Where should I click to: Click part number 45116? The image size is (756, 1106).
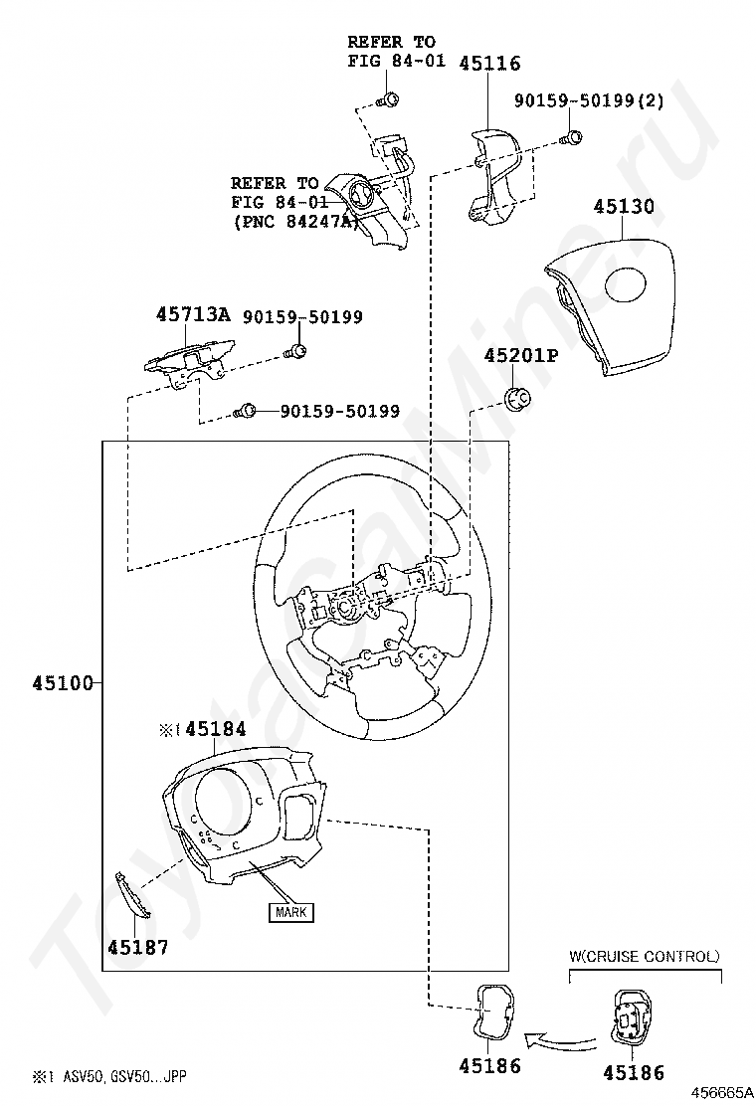click(489, 64)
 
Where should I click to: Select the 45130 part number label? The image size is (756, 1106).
click(624, 207)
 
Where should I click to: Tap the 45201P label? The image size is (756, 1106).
click(520, 355)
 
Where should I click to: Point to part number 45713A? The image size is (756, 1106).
click(192, 315)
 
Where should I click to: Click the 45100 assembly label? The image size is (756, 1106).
click(62, 683)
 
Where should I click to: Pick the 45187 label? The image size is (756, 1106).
click(137, 947)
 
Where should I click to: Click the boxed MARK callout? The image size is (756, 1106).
click(289, 910)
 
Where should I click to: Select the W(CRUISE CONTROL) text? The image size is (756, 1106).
click(644, 957)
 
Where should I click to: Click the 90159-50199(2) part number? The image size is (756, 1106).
click(589, 100)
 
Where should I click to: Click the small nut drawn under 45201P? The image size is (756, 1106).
click(518, 400)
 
